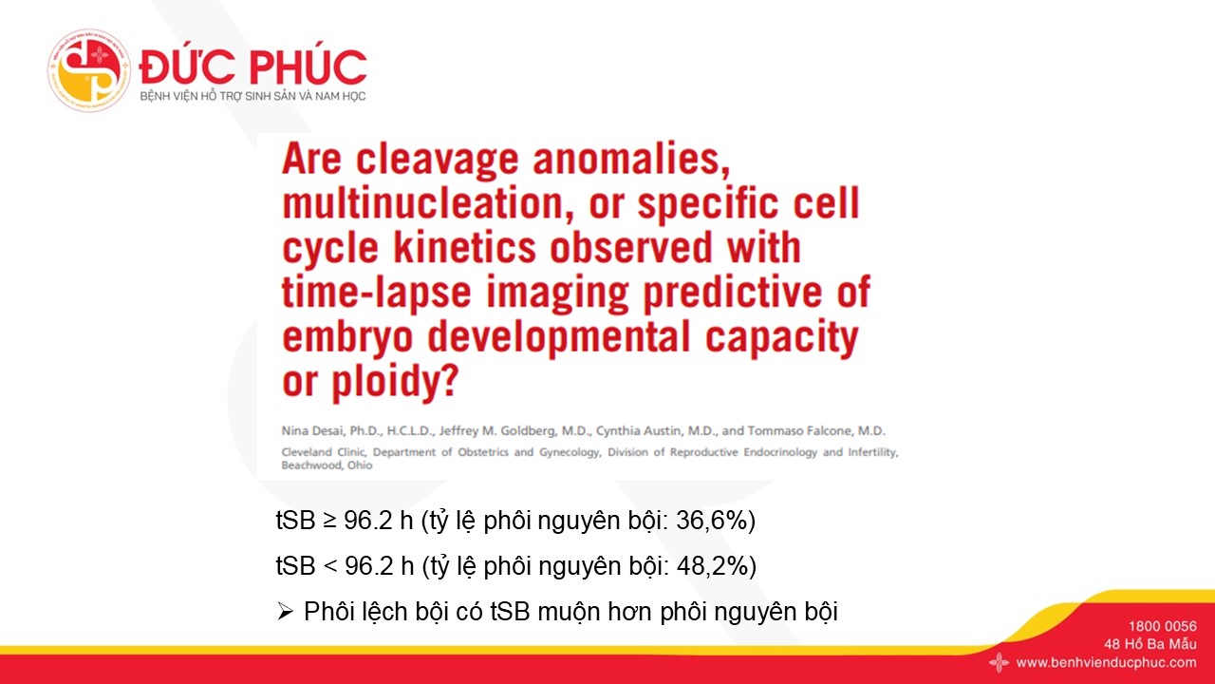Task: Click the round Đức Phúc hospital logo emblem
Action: coord(89,70)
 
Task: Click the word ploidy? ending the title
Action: coord(396,382)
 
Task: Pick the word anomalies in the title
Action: coord(631,159)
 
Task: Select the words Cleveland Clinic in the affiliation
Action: coord(324,452)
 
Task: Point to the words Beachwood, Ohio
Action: coord(327,465)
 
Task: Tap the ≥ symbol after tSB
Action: coord(329,522)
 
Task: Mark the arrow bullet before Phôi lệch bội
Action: coord(286,613)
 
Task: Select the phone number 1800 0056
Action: coord(1163,626)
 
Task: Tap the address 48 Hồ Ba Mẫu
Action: coord(1150,644)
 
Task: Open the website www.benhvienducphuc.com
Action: coord(1107,663)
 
